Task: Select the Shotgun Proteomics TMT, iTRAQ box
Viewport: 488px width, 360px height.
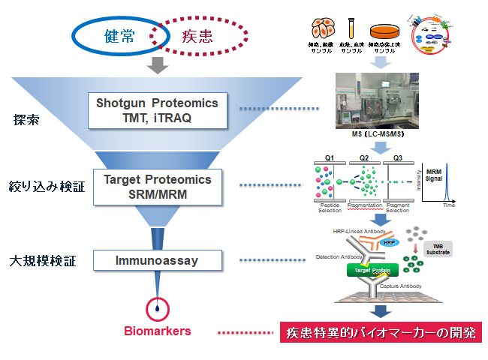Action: (158, 110)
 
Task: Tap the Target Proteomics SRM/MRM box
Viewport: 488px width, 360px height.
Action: (158, 187)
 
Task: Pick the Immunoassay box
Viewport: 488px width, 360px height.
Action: (158, 260)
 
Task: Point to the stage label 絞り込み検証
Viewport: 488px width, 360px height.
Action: (46, 187)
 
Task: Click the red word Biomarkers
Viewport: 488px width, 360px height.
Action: (158, 331)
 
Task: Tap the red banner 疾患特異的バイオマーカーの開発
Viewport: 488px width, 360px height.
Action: (380, 332)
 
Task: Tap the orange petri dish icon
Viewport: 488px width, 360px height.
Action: (386, 33)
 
